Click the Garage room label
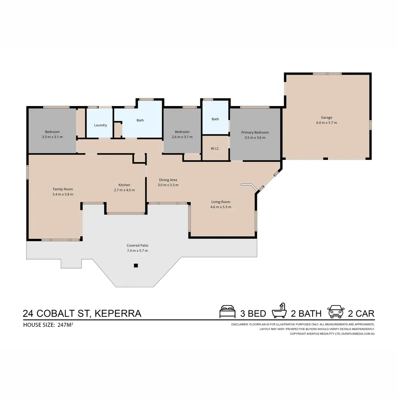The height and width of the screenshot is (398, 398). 326,118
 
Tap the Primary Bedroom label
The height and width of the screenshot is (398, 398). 255,132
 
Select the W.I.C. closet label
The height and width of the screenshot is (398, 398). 215,149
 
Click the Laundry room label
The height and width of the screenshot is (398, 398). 100,125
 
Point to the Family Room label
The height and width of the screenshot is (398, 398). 63,189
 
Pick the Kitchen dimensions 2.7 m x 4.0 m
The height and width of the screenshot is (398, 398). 124,190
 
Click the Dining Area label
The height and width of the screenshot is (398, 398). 168,180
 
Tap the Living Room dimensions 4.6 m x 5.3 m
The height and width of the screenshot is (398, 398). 221,207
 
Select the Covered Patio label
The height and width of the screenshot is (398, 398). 137,245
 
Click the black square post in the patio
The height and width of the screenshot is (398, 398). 136,265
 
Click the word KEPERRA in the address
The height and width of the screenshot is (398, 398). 118,314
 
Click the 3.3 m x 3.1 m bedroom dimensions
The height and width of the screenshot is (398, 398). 52,137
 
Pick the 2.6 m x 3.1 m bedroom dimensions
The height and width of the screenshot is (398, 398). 182,137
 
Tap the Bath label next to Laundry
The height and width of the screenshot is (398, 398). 140,120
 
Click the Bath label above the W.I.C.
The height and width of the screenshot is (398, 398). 215,119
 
